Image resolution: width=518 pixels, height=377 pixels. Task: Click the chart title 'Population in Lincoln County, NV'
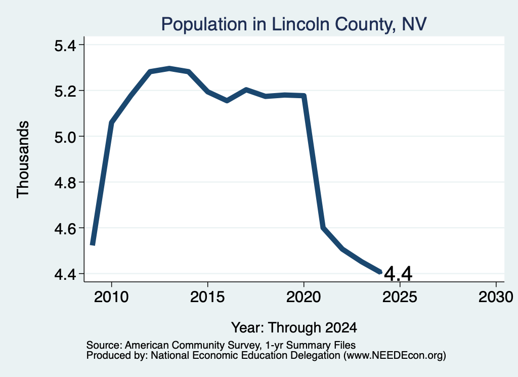click(294, 24)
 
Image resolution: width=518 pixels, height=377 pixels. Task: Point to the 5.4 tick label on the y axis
click(65, 45)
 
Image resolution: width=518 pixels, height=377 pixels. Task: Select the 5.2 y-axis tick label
click(65, 91)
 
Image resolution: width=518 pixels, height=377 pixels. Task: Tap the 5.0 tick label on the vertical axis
click(65, 137)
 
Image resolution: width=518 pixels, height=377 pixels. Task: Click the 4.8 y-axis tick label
click(65, 183)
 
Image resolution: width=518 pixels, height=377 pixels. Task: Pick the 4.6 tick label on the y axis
click(65, 229)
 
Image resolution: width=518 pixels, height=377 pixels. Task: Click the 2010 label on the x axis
click(111, 297)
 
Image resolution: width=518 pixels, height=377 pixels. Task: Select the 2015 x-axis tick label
click(207, 297)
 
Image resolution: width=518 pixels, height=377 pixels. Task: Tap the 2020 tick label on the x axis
click(304, 297)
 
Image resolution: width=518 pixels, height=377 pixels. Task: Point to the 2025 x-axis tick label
click(400, 297)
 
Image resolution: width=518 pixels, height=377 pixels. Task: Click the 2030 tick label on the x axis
click(496, 297)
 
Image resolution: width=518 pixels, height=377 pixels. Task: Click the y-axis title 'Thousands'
click(23, 159)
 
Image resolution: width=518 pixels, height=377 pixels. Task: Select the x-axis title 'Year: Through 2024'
click(294, 328)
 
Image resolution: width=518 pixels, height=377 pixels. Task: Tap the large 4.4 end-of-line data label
click(399, 274)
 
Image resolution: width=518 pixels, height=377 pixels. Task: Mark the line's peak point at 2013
click(169, 68)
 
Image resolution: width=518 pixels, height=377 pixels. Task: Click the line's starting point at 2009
click(93, 244)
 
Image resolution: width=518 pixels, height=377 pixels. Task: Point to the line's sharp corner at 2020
click(304, 96)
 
